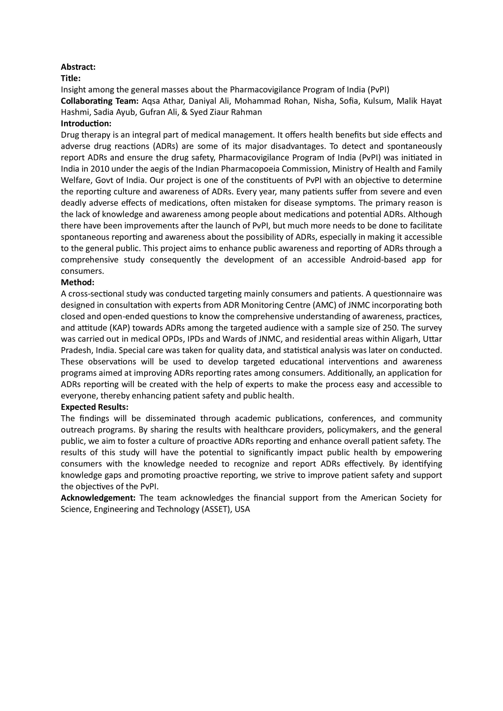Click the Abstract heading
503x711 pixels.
[78, 67]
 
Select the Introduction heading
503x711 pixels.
[86, 124]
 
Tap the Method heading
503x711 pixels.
[77, 282]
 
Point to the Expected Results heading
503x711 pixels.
[94, 407]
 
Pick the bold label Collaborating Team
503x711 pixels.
[99, 101]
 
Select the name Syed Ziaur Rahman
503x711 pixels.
[226, 112]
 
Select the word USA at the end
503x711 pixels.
[242, 509]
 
